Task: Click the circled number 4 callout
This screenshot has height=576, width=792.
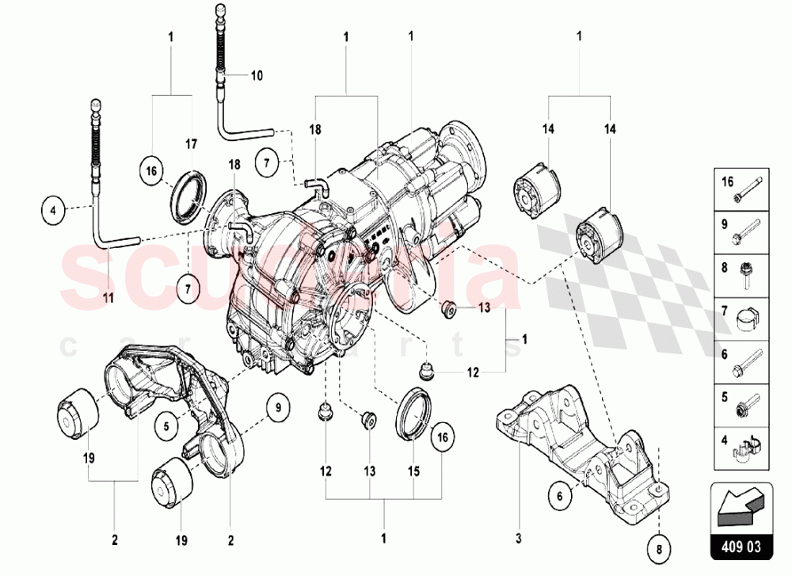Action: [x=53, y=211]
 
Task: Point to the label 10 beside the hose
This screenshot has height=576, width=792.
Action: [x=257, y=76]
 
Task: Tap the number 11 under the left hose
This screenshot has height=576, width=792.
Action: [x=109, y=298]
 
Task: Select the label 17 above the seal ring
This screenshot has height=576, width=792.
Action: [x=191, y=144]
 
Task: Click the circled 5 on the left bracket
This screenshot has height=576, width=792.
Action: [x=167, y=426]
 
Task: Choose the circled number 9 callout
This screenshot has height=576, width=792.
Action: [x=278, y=409]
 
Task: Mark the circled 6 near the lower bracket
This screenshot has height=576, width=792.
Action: [x=560, y=497]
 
